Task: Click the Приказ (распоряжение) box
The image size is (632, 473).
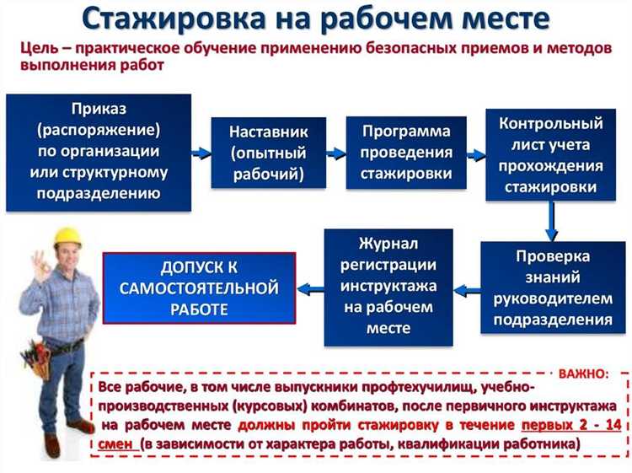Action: coord(99,152)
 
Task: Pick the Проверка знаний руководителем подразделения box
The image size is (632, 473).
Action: coord(552,288)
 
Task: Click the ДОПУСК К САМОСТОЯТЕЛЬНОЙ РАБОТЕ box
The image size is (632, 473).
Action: coord(199,288)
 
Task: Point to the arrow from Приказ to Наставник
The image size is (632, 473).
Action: coord(201,153)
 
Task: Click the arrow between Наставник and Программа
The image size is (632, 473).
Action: coord(336,153)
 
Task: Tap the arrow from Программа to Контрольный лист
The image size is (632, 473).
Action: coord(477,154)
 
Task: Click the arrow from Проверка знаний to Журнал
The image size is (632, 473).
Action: coord(467,288)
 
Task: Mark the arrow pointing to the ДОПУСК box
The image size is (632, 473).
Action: coord(310,288)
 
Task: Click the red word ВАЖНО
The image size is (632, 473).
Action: coord(582,371)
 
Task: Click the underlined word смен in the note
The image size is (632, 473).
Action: coord(114,443)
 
